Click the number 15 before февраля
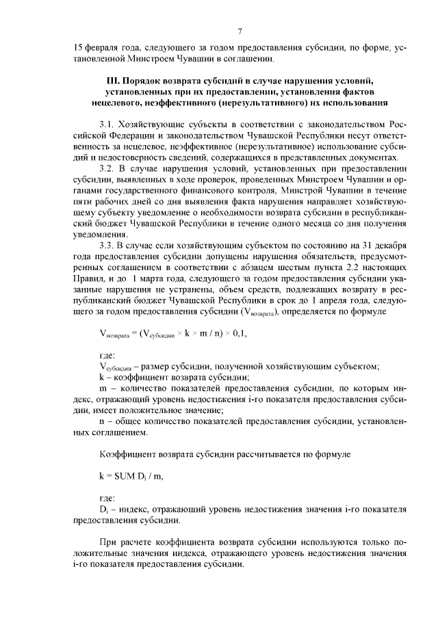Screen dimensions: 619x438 click(79, 49)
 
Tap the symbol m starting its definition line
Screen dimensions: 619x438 click(103, 389)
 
